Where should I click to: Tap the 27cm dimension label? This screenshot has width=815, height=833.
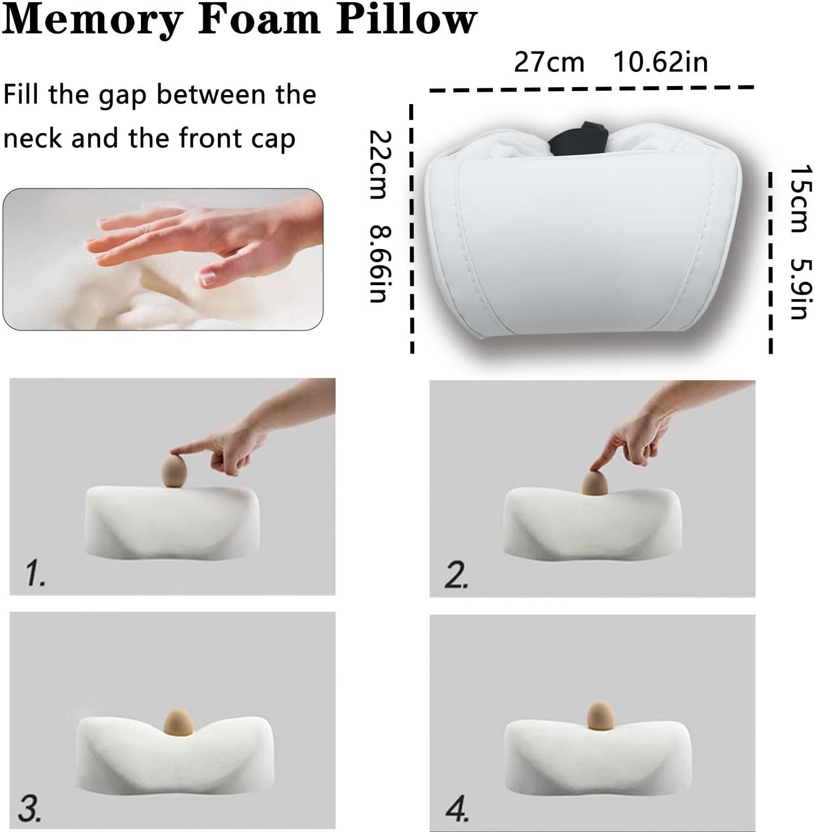548,62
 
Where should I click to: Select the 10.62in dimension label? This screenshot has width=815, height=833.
660,62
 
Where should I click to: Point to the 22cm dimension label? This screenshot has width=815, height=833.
379,165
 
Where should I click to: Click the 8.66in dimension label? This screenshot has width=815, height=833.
379,263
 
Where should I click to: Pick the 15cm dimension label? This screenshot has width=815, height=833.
800,199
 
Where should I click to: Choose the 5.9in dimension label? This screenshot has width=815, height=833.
800,289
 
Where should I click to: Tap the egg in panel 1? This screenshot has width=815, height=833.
175,471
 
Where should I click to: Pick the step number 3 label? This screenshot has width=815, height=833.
29,808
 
